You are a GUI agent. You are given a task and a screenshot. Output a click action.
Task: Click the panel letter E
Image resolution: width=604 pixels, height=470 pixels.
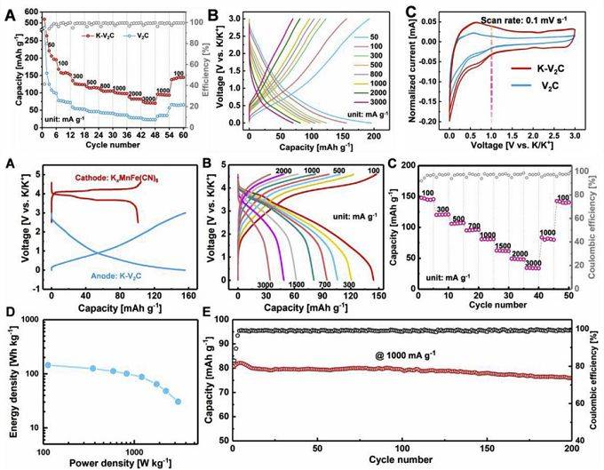[207, 312]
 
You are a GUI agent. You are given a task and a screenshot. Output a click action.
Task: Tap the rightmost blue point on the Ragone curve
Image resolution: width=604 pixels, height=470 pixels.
[178, 402]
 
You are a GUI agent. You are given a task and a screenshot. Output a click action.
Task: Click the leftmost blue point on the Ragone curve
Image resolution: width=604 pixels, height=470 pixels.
[48, 365]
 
